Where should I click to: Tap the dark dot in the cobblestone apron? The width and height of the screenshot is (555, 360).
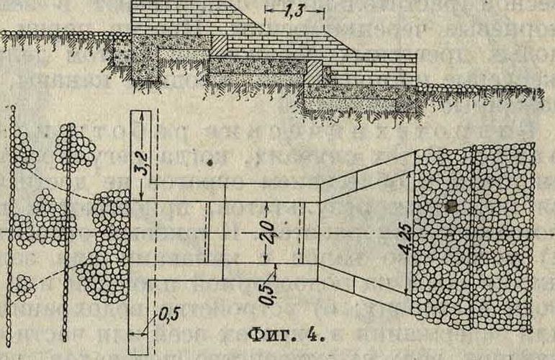point(451,207)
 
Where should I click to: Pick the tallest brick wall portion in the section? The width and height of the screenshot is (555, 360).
point(187,18)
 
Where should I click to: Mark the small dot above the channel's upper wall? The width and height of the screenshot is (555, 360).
point(210,164)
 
